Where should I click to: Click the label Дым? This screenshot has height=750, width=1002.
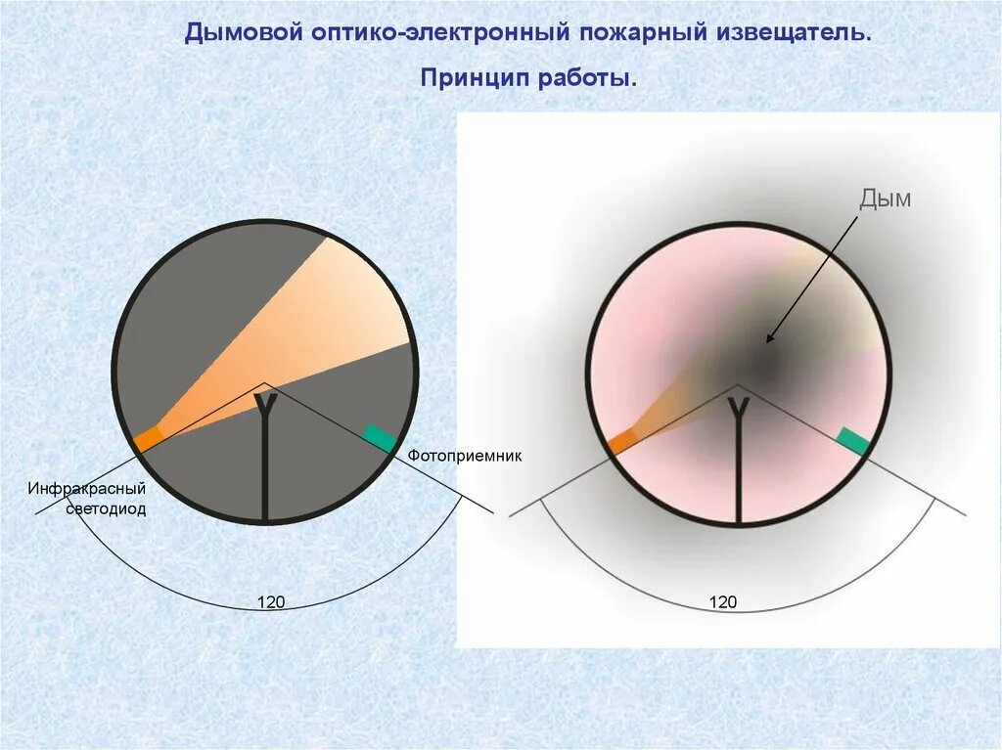click(885, 199)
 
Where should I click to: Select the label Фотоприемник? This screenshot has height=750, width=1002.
click(465, 456)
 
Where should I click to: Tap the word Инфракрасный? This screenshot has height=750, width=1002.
click(86, 488)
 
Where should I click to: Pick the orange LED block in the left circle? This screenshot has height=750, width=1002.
click(147, 439)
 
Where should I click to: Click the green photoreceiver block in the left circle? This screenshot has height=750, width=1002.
click(380, 438)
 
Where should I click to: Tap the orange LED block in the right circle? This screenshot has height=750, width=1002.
click(621, 443)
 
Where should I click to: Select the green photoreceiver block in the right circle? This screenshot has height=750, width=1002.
click(853, 441)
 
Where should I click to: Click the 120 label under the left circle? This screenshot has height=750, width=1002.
click(271, 602)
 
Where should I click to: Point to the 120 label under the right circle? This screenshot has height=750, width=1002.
click(723, 602)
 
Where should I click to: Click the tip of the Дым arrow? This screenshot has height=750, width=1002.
click(767, 341)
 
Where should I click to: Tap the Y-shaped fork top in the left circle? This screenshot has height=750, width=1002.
click(264, 403)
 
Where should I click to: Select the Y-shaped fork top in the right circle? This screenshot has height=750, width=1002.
click(739, 405)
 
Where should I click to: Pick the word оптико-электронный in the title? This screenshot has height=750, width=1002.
click(442, 33)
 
